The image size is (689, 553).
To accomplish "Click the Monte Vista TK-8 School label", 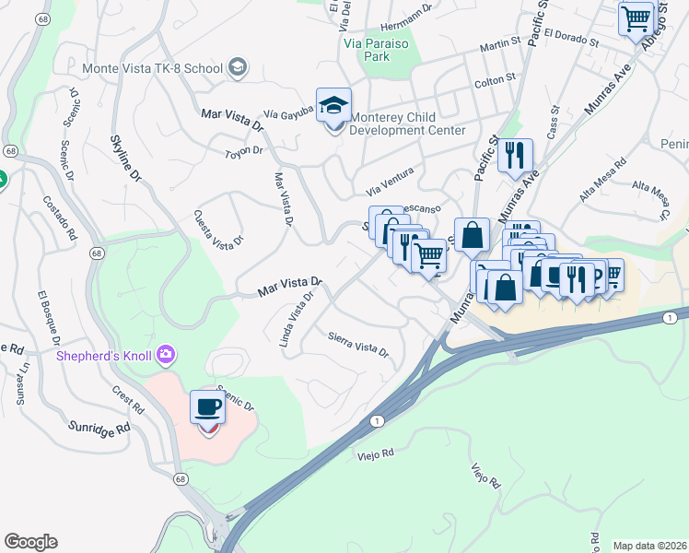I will pyautogui.click(x=152, y=68).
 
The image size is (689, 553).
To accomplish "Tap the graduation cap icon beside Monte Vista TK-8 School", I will pyautogui.click(x=238, y=66).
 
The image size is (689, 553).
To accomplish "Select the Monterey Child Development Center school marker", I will pyautogui.click(x=333, y=107).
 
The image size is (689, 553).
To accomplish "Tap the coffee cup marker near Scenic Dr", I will pyautogui.click(x=208, y=408).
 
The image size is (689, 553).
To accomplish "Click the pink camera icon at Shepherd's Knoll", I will pyautogui.click(x=166, y=354).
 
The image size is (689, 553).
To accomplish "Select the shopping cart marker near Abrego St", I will pyautogui.click(x=636, y=18).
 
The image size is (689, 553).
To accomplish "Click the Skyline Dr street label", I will pyautogui.click(x=125, y=157).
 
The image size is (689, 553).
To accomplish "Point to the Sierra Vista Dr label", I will pyautogui.click(x=358, y=344).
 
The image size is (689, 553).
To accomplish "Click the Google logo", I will pyautogui.click(x=30, y=542).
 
